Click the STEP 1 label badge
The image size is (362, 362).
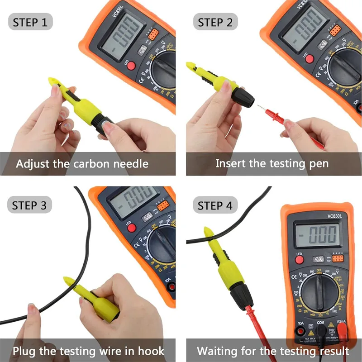coord(30,22)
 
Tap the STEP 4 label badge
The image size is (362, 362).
coord(215,205)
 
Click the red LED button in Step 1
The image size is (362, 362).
coord(131,66)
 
